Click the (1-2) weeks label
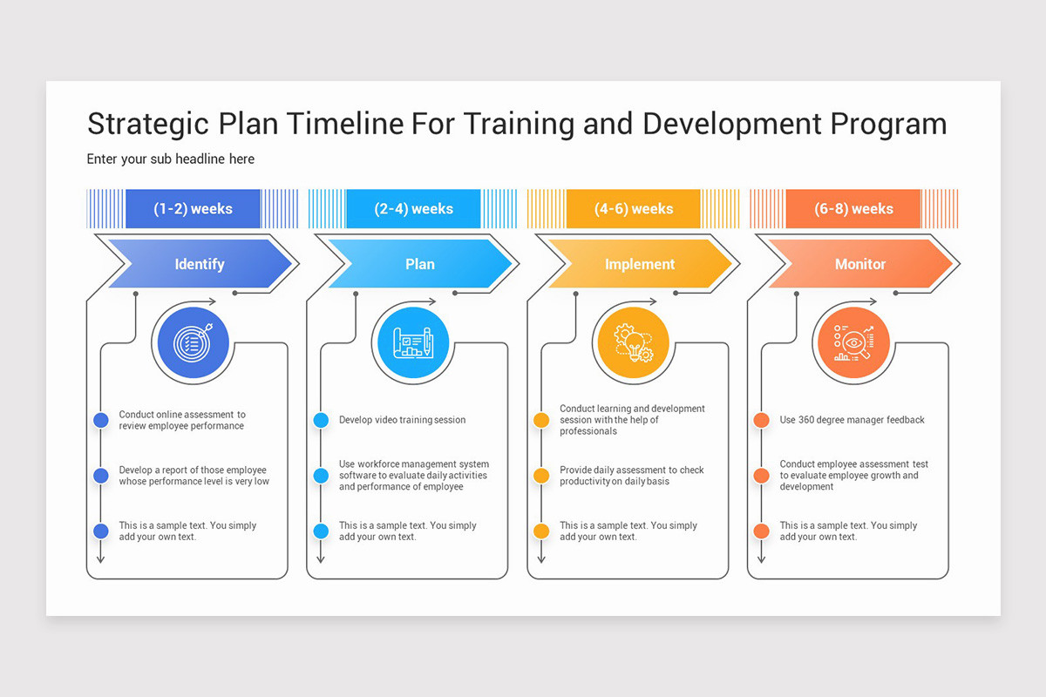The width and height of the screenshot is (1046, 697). click(x=193, y=209)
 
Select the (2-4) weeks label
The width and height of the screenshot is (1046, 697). click(x=413, y=209)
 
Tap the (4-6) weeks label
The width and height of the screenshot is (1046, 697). click(x=634, y=209)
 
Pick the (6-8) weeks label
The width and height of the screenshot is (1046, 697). click(x=853, y=209)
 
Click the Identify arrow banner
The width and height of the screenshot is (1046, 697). click(x=200, y=264)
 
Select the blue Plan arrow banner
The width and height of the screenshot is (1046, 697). click(x=420, y=264)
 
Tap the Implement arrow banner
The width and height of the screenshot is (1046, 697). click(x=640, y=264)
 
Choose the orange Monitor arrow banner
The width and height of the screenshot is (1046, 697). click(x=860, y=264)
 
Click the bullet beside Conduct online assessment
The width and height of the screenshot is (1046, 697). click(x=101, y=420)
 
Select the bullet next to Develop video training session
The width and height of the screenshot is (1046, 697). click(x=321, y=420)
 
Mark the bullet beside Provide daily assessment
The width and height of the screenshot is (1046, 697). click(x=541, y=476)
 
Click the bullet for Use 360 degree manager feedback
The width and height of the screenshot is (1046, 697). click(x=761, y=420)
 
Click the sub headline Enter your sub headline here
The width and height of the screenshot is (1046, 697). click(x=171, y=159)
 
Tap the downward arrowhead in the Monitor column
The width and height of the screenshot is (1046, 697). click(x=761, y=558)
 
